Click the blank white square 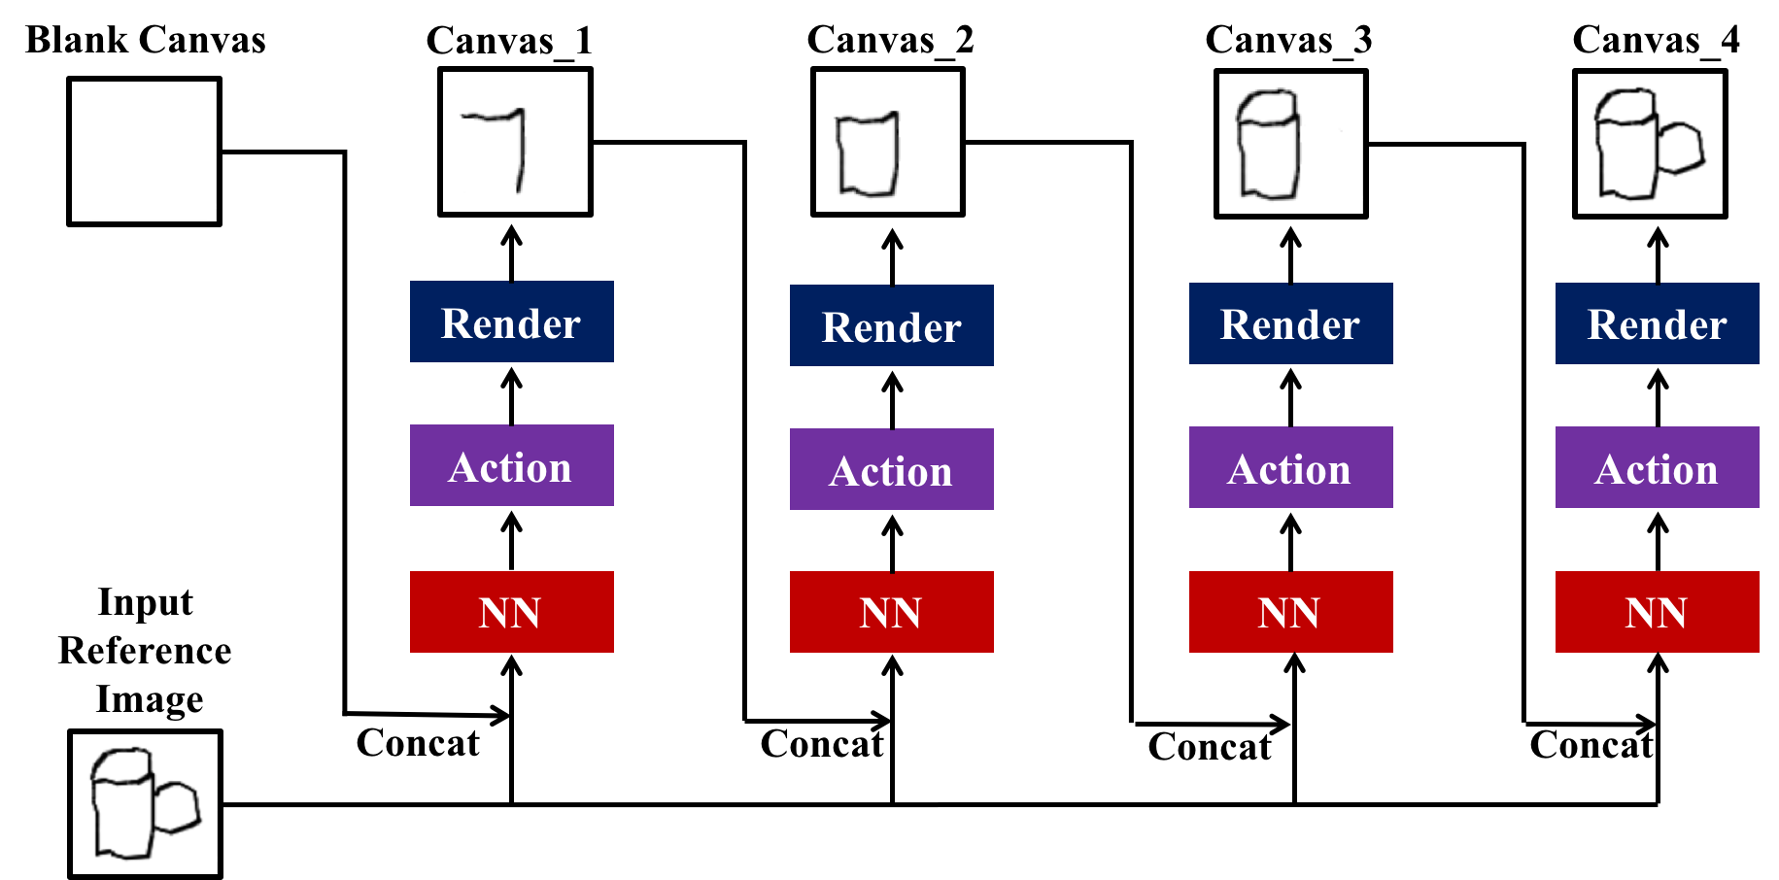(144, 152)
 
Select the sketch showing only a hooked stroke (515, 142)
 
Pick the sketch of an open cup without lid (887, 142)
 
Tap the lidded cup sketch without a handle (1290, 144)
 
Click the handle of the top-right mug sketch (1682, 149)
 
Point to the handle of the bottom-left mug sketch (177, 808)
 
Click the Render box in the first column (511, 322)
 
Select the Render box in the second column (891, 326)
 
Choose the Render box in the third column (1290, 324)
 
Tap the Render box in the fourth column (1657, 324)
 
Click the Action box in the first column (511, 466)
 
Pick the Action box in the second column (891, 470)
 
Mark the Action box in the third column (1290, 468)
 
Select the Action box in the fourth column (1657, 468)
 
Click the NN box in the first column (511, 612)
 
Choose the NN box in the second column (891, 612)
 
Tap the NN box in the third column (1290, 612)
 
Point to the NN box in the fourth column (1657, 612)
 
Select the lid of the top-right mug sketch (1625, 104)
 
